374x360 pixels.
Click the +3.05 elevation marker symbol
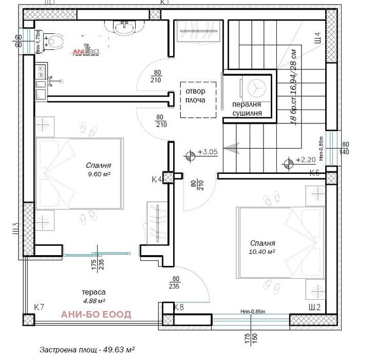[190, 153]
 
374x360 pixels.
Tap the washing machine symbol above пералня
[255, 86]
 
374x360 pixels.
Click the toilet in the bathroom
[56, 40]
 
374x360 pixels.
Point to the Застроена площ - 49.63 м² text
[87, 350]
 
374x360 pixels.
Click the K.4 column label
[157, 179]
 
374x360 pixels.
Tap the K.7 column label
[39, 307]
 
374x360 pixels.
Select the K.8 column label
[179, 307]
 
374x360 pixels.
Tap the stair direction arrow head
[230, 148]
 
